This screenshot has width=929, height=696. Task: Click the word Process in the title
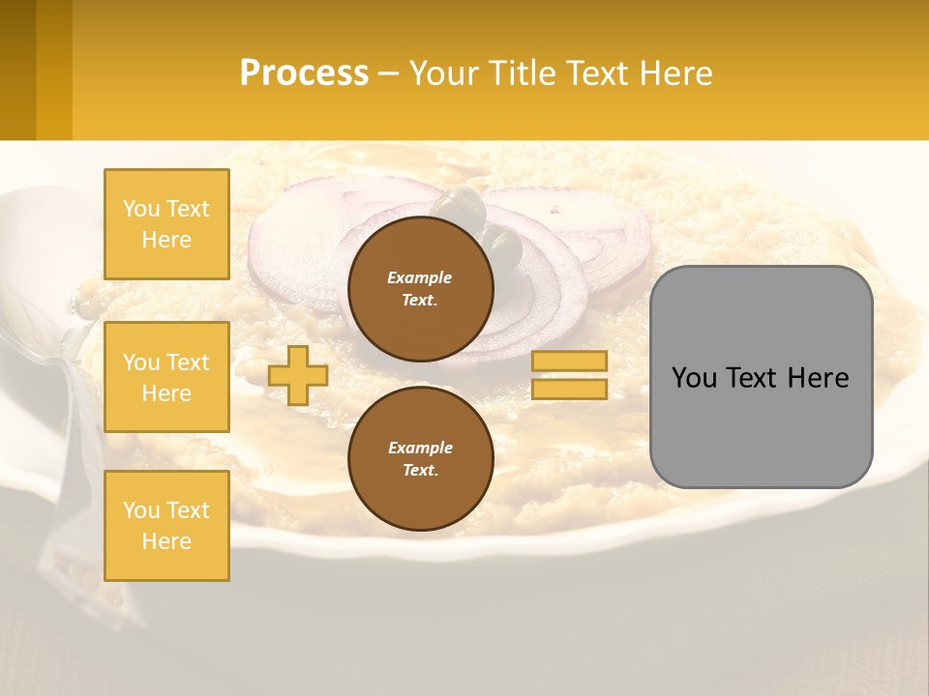(x=304, y=72)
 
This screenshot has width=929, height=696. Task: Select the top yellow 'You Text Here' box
(x=166, y=224)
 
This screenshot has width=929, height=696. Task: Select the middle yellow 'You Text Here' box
(x=166, y=377)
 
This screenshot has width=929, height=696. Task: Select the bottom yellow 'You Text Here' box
(x=166, y=526)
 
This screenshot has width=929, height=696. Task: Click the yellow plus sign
(x=298, y=375)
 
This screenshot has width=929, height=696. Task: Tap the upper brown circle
(x=421, y=289)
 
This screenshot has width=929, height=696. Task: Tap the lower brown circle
(x=421, y=459)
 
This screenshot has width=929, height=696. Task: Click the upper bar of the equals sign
(x=570, y=362)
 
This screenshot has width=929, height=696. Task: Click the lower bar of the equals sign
(x=570, y=389)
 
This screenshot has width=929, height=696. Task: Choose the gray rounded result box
(x=761, y=425)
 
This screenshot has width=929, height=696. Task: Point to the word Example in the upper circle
(x=420, y=277)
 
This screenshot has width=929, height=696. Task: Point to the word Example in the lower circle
(x=420, y=448)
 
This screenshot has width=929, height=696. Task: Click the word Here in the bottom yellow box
(x=166, y=541)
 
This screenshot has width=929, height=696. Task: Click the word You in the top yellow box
(x=141, y=209)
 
